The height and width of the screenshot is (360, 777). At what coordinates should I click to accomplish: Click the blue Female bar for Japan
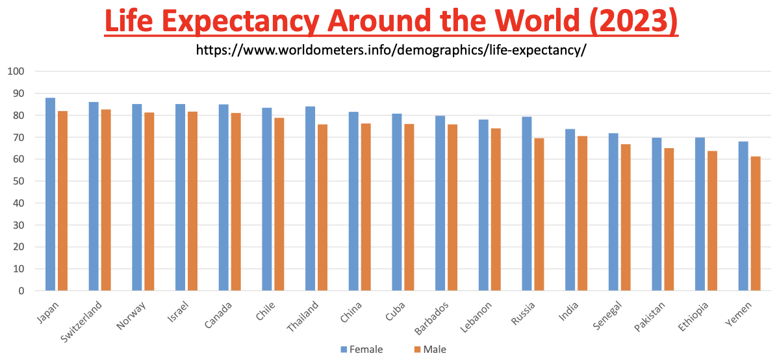50,194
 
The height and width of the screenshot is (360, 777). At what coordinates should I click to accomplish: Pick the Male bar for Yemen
756,224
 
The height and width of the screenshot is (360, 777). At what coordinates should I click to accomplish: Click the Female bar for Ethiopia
700,214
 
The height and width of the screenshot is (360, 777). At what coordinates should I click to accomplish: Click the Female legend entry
361,350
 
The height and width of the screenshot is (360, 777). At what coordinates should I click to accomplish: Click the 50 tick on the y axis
18,181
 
